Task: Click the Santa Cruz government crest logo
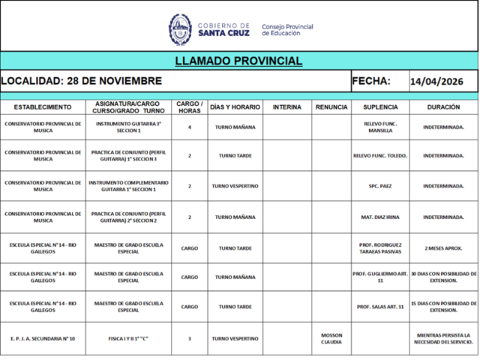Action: click(179, 29)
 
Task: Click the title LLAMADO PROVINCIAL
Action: click(238, 61)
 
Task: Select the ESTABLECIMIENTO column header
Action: click(43, 107)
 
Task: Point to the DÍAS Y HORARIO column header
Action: click(235, 107)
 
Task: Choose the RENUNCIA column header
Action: click(331, 107)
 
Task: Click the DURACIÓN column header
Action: click(443, 107)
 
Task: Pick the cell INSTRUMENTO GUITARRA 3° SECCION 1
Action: click(128, 127)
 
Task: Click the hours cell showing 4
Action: click(190, 127)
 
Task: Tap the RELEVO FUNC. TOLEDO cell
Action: click(379, 156)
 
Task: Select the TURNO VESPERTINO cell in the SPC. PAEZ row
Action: click(235, 185)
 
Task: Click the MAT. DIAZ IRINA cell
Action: click(379, 217)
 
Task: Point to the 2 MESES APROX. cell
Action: click(443, 247)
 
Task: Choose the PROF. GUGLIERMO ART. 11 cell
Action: click(379, 277)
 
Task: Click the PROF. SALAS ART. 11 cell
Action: click(379, 306)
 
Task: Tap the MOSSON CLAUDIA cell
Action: click(331, 338)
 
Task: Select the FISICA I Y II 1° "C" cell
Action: click(128, 338)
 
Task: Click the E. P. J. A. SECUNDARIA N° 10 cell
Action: click(43, 338)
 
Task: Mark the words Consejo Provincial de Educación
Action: click(287, 30)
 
